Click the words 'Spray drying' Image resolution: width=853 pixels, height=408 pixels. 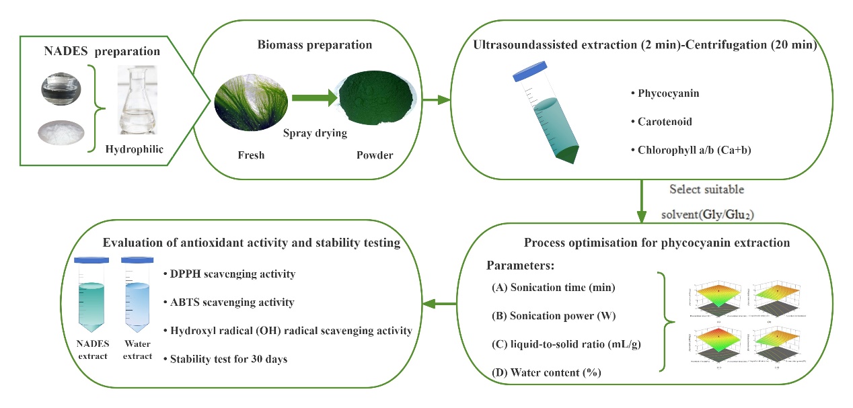315,133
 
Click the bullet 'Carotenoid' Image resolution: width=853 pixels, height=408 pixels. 665,122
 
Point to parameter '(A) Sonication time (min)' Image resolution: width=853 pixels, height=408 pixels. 553,288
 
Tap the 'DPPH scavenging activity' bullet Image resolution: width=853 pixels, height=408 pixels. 229,274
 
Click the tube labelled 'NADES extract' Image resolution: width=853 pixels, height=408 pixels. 91,299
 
